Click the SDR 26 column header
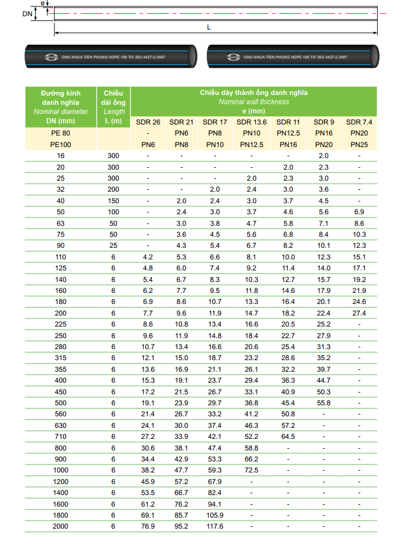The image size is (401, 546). tap(148, 122)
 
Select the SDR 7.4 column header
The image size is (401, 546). tap(359, 122)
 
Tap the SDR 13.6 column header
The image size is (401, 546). tap(251, 122)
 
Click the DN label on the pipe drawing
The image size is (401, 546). tap(27, 13)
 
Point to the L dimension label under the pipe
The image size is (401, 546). tap(209, 28)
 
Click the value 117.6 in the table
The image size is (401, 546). tap(214, 526)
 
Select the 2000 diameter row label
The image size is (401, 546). tap(61, 526)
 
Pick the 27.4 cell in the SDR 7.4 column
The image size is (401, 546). tap(359, 313)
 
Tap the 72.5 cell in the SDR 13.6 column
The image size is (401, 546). tap(251, 470)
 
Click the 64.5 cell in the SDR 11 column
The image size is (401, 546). tap(288, 437)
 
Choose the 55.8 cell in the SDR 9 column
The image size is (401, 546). tap(323, 403)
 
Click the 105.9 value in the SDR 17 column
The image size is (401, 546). tap(214, 515)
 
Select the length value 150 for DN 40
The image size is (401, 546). tap(114, 201)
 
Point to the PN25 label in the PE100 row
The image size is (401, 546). tap(359, 145)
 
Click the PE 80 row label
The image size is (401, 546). tap(61, 134)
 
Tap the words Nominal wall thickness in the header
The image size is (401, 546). tap(254, 102)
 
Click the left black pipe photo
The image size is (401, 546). tap(110, 56)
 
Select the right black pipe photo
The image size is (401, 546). tap(293, 56)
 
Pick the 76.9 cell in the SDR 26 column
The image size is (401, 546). tap(148, 526)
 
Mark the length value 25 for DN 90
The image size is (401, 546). tap(114, 246)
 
